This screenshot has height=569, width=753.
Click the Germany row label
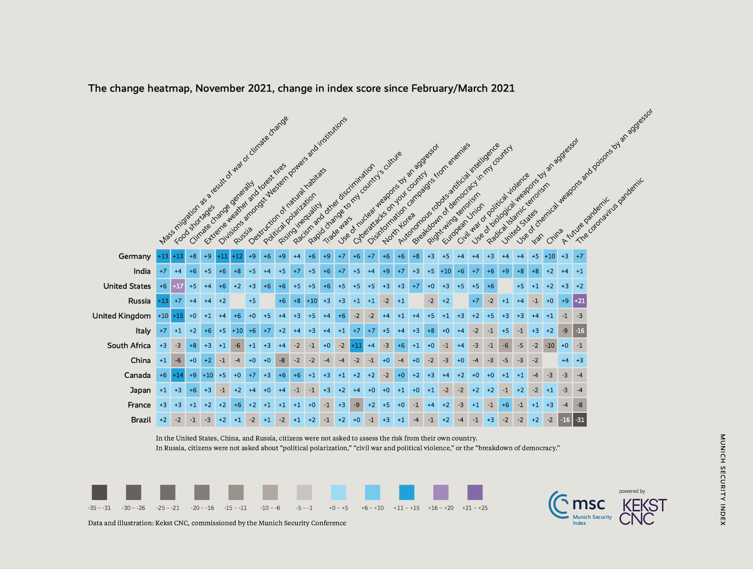(x=135, y=256)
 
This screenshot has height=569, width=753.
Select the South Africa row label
(x=128, y=345)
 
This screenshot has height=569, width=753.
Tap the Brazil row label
(x=141, y=420)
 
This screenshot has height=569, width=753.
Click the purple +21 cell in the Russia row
(x=580, y=301)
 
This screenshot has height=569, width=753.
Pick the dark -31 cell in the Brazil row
(x=580, y=420)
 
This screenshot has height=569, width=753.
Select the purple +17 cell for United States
(x=178, y=286)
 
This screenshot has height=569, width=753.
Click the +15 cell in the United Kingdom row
(x=178, y=316)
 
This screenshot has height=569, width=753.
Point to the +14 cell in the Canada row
(x=178, y=375)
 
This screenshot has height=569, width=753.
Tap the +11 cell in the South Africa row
(x=357, y=345)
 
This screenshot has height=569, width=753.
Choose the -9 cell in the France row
(x=357, y=405)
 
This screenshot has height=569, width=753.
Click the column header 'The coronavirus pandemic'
(x=609, y=211)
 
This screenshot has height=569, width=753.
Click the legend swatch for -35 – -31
(x=99, y=492)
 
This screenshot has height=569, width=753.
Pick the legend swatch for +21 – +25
(x=475, y=492)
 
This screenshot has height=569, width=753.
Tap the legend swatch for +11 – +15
(x=407, y=492)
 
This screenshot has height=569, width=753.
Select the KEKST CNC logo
(x=643, y=511)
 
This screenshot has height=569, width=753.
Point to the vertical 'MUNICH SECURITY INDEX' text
(x=723, y=480)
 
